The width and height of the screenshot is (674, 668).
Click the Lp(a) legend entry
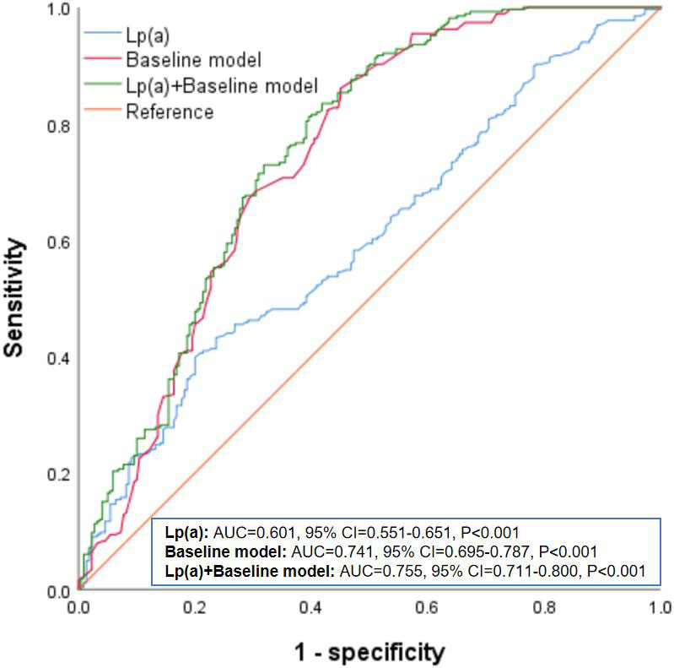(x=146, y=35)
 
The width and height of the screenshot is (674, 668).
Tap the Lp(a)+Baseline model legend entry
(x=221, y=85)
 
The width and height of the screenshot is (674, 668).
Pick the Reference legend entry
(x=170, y=111)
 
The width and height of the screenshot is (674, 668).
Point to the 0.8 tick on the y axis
(x=59, y=126)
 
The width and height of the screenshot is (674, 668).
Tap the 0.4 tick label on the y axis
(x=59, y=358)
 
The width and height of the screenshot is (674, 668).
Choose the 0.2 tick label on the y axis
(x=59, y=475)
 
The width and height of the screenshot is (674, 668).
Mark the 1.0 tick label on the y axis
(x=59, y=9)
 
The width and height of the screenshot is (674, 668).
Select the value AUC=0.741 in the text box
(x=328, y=551)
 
